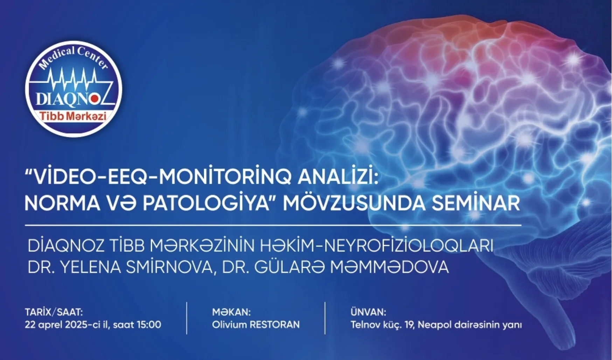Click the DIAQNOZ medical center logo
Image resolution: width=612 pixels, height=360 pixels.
74,89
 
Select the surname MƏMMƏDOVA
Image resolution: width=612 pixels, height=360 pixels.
390,267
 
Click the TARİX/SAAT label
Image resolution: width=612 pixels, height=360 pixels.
54,312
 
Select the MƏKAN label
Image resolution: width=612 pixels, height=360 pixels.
231,312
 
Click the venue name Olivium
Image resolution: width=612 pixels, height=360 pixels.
229,325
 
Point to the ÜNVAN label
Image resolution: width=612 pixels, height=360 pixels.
368,312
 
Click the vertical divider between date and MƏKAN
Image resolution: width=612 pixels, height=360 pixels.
187,318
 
